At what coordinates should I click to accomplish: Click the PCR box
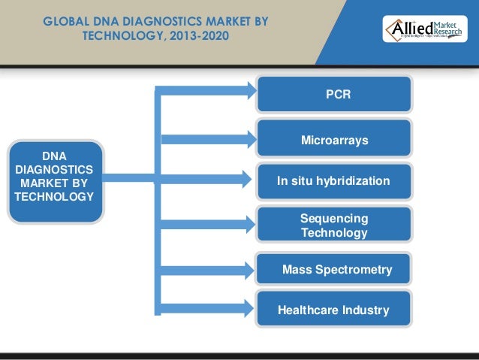click(x=334, y=95)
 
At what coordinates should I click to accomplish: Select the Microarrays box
click(x=334, y=140)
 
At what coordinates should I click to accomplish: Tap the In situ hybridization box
click(x=334, y=181)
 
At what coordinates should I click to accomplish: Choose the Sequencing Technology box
click(x=334, y=225)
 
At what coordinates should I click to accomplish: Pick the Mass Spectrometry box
click(x=335, y=269)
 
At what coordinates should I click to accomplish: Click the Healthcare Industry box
click(x=333, y=310)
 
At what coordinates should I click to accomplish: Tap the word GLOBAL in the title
click(x=65, y=22)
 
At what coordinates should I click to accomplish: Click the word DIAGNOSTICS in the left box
click(x=54, y=170)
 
